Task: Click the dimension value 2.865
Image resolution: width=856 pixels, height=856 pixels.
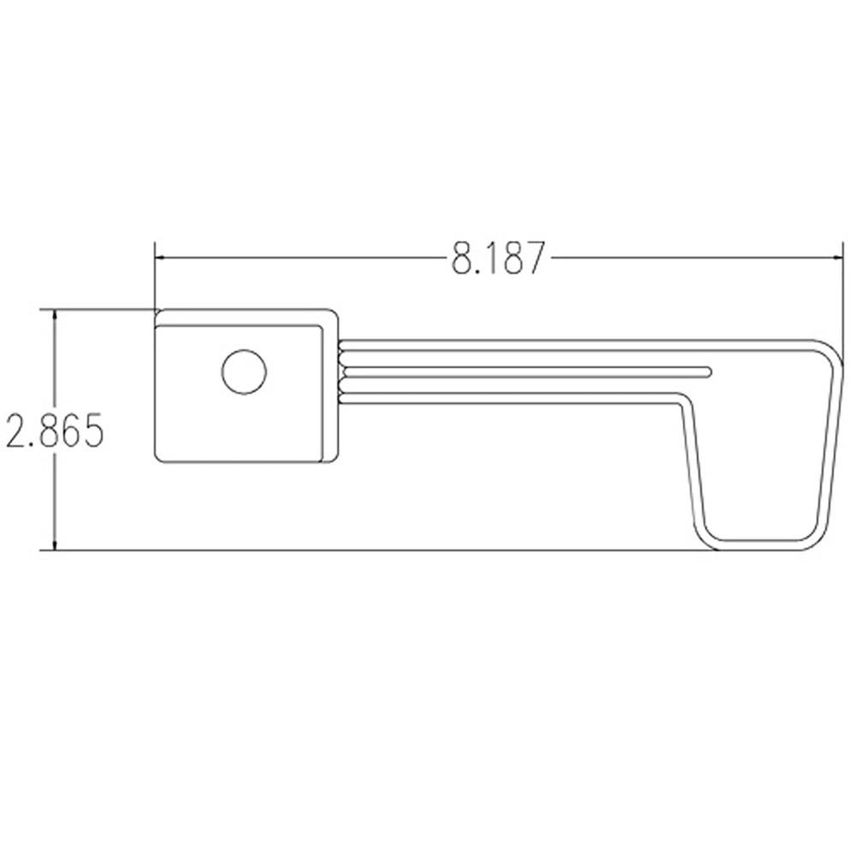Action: pos(54,431)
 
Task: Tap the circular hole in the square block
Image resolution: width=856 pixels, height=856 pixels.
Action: pos(244,372)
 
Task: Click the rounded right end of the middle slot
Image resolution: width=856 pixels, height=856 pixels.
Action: pos(707,371)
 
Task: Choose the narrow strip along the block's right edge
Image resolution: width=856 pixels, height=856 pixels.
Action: pos(330,389)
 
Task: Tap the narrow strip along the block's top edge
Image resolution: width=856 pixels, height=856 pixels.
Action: pos(244,318)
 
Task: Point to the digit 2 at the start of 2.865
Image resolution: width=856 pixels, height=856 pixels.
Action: pos(15,431)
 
